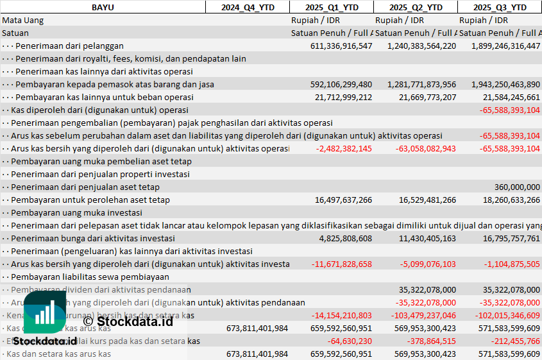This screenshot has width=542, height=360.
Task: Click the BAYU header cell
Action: (x=103, y=7)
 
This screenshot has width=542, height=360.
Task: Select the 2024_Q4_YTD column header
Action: (x=247, y=7)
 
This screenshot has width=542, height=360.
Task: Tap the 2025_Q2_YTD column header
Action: (x=416, y=7)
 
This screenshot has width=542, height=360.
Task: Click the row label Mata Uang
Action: (x=23, y=20)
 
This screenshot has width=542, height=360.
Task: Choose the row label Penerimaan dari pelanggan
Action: (x=69, y=46)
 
